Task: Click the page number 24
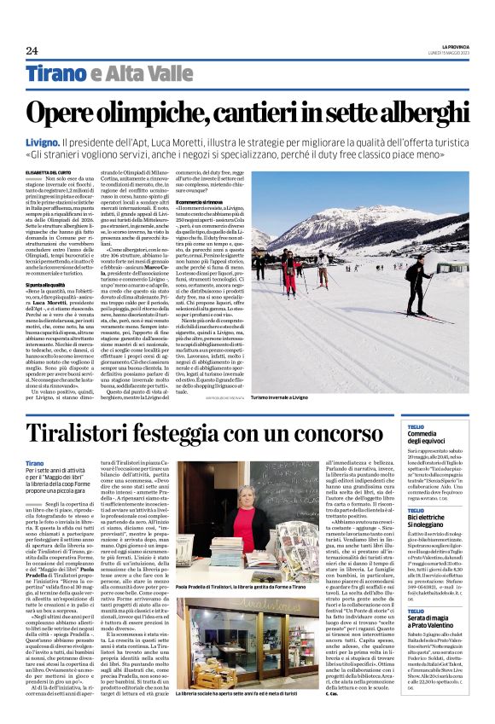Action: [32, 49]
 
